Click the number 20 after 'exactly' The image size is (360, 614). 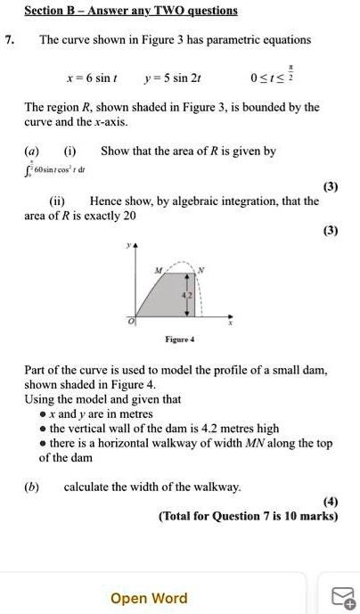[x=129, y=216]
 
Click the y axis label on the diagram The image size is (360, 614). [x=130, y=243]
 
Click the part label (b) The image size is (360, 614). [x=33, y=487]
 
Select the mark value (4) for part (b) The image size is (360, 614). [x=331, y=502]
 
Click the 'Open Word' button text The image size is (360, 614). [x=149, y=598]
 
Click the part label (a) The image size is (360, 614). [x=33, y=151]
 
